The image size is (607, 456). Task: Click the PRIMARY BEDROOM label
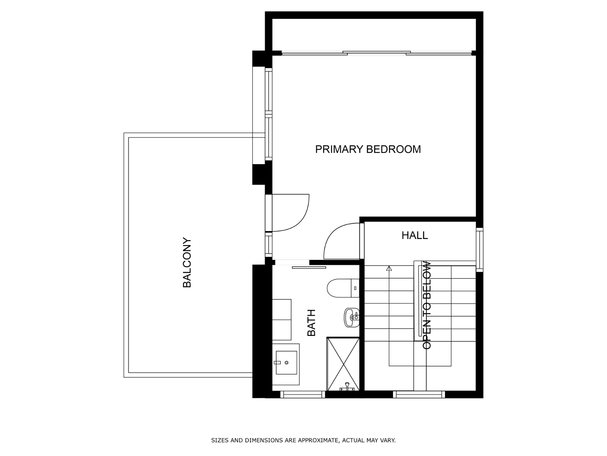368,149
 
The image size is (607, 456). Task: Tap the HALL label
414,235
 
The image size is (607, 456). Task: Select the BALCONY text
187,263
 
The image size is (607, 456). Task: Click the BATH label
311,323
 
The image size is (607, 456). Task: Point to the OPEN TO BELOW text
427,305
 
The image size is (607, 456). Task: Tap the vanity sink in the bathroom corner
286,363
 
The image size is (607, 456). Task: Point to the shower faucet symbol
347,387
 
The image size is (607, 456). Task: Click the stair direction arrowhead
388,268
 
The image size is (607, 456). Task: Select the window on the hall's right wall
480,249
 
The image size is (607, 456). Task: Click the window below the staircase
419,394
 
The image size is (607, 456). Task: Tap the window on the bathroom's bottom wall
302,394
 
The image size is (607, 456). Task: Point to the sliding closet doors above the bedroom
376,53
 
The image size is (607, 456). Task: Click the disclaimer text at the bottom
303,440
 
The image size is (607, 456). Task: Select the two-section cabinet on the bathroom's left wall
281,320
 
